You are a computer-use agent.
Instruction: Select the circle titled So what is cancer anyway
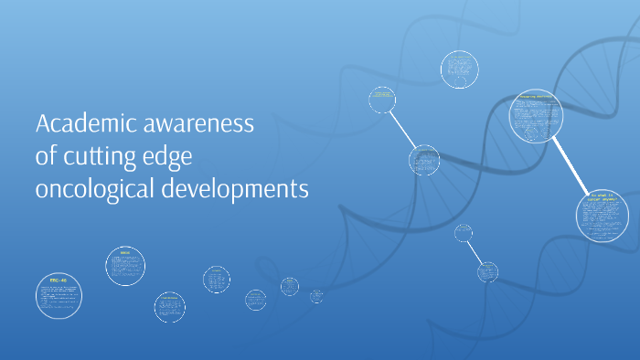coord(603,215)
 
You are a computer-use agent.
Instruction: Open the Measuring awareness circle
coord(537,117)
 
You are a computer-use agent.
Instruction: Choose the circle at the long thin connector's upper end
coord(382,100)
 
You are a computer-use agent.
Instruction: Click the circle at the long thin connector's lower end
coord(424,160)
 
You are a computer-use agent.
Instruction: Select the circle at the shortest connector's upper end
coord(464,232)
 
